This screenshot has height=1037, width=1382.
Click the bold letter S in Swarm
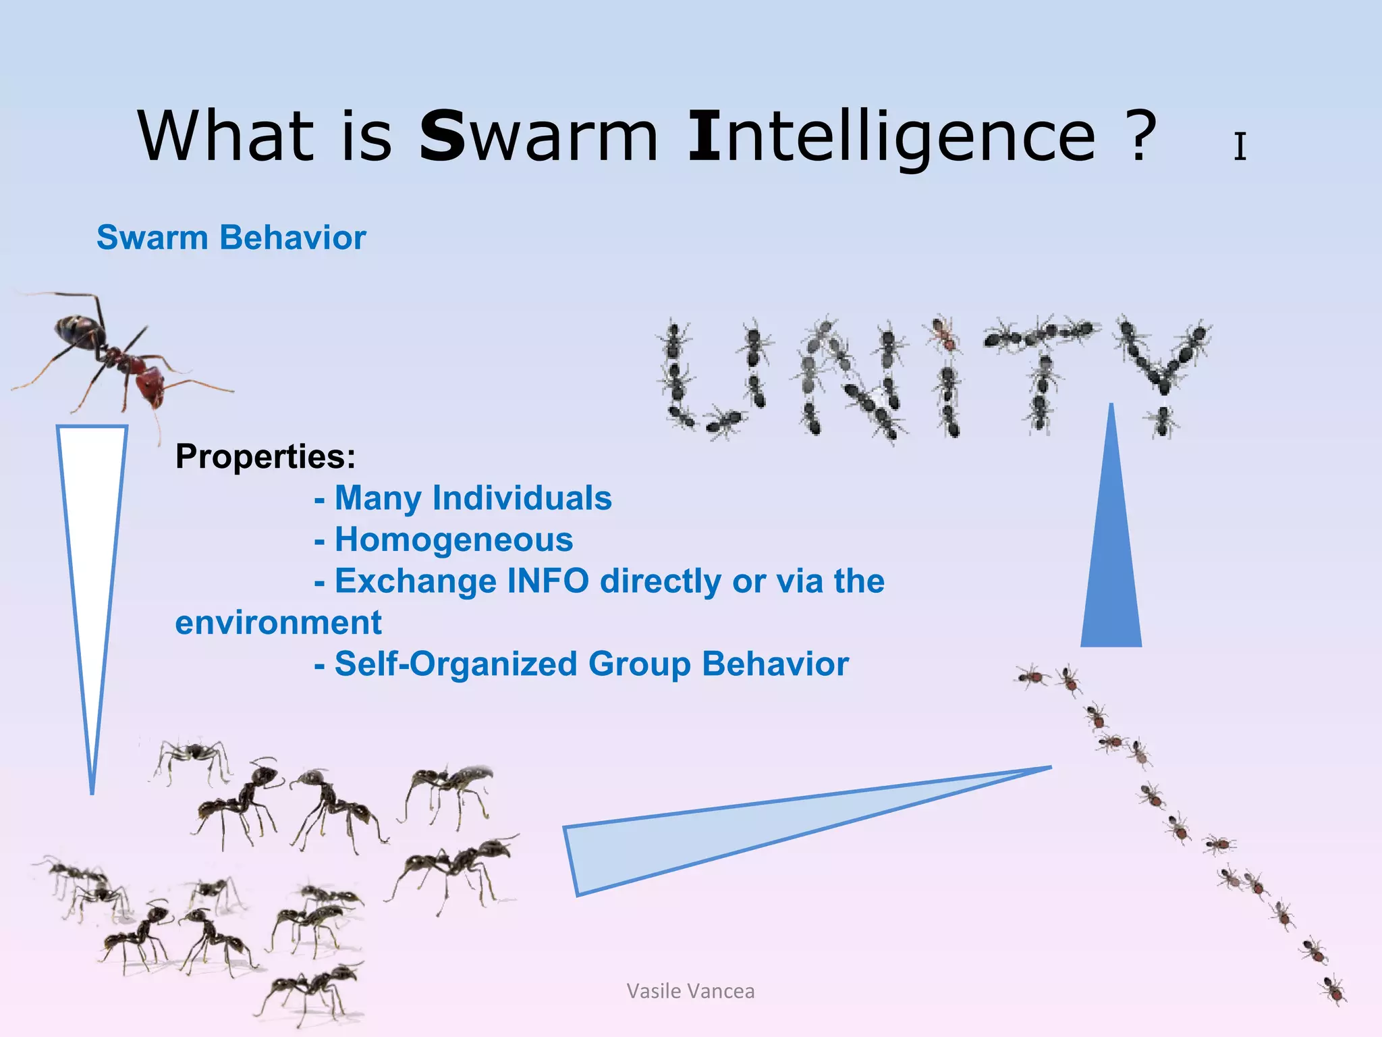coord(442,136)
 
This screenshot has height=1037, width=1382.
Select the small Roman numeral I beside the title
coord(1240,147)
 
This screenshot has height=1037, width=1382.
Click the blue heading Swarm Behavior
coord(231,238)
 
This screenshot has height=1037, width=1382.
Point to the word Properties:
coord(265,456)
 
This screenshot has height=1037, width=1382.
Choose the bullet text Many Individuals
coord(472,498)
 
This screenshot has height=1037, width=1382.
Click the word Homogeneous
coord(453,540)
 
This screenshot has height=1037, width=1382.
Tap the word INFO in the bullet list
coord(547,581)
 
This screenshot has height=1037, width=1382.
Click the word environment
coord(278,622)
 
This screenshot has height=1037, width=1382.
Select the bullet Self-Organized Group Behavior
coord(591,664)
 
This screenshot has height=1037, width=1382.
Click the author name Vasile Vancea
coord(690,991)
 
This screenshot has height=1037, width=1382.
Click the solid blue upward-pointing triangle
coord(1111,560)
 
